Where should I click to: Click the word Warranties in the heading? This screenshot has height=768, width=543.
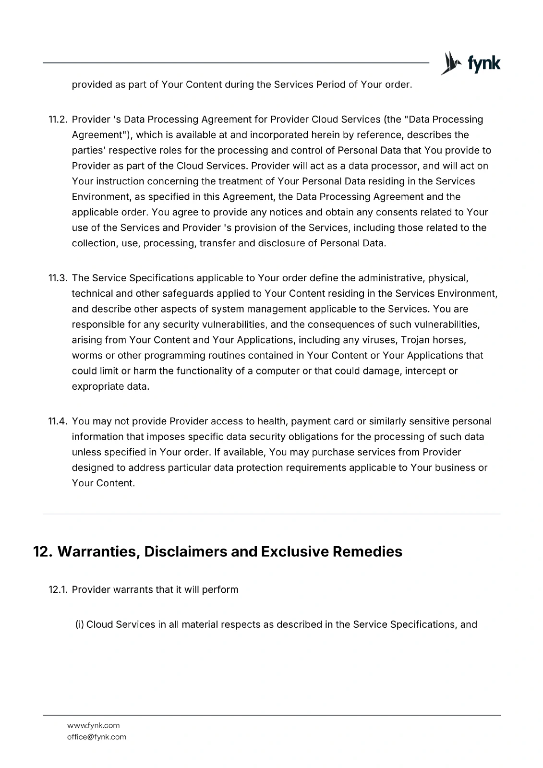click(x=98, y=552)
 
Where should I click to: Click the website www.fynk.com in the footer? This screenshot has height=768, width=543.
click(x=93, y=725)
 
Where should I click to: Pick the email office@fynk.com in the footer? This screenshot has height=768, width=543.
click(x=97, y=737)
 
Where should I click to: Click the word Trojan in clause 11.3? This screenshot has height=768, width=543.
click(x=415, y=340)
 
